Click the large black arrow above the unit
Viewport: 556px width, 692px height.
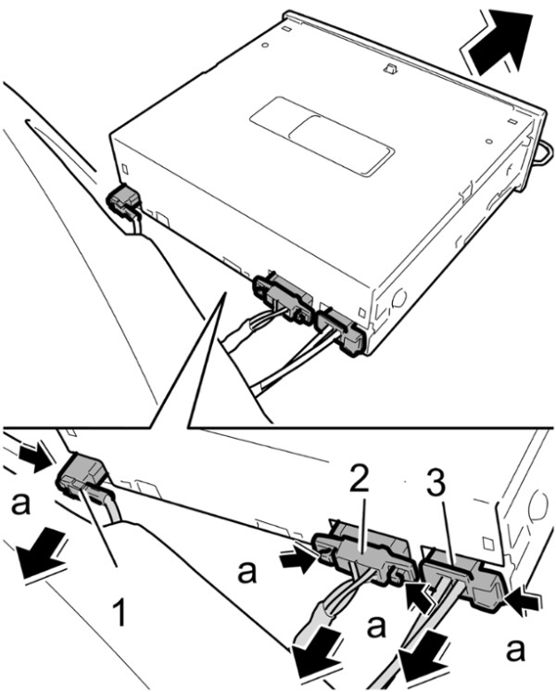point(500,42)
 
